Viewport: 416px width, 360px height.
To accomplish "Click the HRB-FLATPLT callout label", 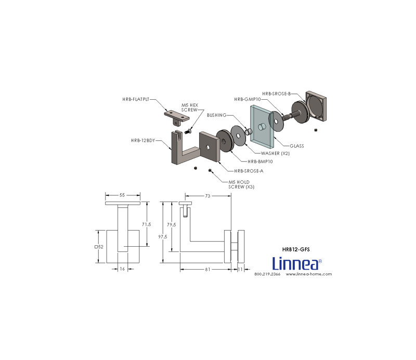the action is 136,99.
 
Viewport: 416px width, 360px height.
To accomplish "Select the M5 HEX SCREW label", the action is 189,108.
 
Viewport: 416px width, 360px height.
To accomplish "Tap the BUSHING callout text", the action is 216,115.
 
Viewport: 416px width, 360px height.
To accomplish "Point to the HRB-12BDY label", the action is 142,140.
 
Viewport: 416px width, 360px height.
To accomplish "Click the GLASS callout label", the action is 296,146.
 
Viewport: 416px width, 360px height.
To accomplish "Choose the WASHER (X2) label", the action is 275,153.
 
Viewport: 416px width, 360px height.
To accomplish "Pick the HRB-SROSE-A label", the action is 249,171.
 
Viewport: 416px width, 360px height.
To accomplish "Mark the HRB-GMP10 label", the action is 248,99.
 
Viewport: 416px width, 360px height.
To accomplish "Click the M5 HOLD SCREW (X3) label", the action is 241,184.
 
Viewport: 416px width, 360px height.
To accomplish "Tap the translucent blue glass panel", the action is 262,127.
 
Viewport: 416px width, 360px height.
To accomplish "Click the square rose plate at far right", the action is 316,106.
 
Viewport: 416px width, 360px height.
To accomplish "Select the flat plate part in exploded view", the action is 176,118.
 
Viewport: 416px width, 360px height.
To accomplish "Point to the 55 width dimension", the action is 122,195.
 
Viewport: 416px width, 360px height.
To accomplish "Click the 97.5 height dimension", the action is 163,237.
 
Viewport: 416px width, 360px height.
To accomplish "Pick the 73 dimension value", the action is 207,196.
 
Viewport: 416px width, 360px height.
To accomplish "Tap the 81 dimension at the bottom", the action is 207,269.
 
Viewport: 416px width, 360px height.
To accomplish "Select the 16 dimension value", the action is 122,269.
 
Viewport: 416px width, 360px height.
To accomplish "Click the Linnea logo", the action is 297,263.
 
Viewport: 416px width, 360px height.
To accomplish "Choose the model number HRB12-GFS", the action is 296,249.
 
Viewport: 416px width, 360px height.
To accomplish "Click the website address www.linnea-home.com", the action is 309,274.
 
